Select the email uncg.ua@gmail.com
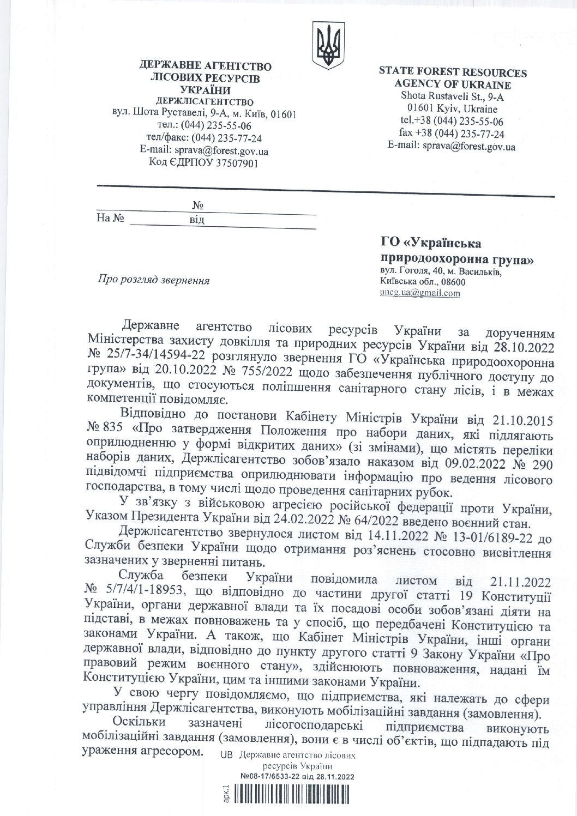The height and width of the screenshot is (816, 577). click(x=420, y=293)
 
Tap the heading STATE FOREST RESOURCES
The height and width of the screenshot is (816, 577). click(x=453, y=72)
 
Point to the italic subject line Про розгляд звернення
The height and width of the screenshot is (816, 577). click(x=153, y=280)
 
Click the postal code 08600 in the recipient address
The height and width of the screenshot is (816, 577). click(x=454, y=282)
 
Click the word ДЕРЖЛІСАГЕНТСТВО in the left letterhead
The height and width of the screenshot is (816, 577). click(x=205, y=102)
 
